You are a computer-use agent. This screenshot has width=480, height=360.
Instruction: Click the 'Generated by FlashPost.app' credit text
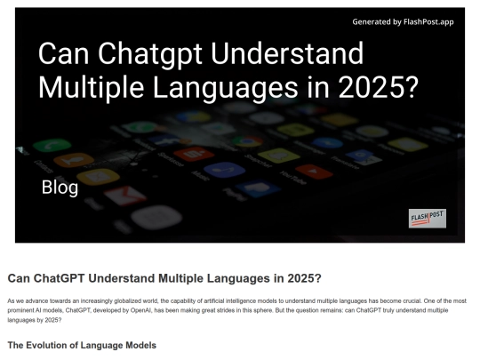[403, 22]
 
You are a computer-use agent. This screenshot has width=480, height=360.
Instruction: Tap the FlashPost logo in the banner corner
[428, 219]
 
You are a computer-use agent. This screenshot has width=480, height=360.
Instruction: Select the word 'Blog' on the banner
[60, 188]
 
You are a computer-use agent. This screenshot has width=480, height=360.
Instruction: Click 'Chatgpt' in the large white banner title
[150, 54]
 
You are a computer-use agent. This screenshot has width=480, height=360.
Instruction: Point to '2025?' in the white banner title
[379, 87]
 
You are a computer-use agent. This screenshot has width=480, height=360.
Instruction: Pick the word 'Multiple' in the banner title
[92, 88]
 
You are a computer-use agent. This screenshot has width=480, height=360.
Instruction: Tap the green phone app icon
[52, 145]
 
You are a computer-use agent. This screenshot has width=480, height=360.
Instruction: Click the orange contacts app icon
[74, 160]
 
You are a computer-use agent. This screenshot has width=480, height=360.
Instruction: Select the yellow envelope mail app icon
[98, 177]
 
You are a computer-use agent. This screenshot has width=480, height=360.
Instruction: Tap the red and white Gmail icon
[125, 195]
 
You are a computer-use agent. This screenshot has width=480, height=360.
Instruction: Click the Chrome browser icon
[247, 141]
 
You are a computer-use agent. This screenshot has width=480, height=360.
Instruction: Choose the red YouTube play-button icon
[314, 172]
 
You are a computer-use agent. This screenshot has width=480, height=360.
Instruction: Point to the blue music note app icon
[224, 170]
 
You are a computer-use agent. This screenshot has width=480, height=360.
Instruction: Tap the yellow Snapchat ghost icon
[279, 156]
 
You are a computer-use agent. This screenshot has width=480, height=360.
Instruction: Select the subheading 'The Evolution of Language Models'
[82, 345]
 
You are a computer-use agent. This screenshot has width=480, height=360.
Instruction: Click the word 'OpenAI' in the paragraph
[140, 310]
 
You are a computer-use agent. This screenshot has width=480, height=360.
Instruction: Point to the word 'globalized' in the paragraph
[128, 301]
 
